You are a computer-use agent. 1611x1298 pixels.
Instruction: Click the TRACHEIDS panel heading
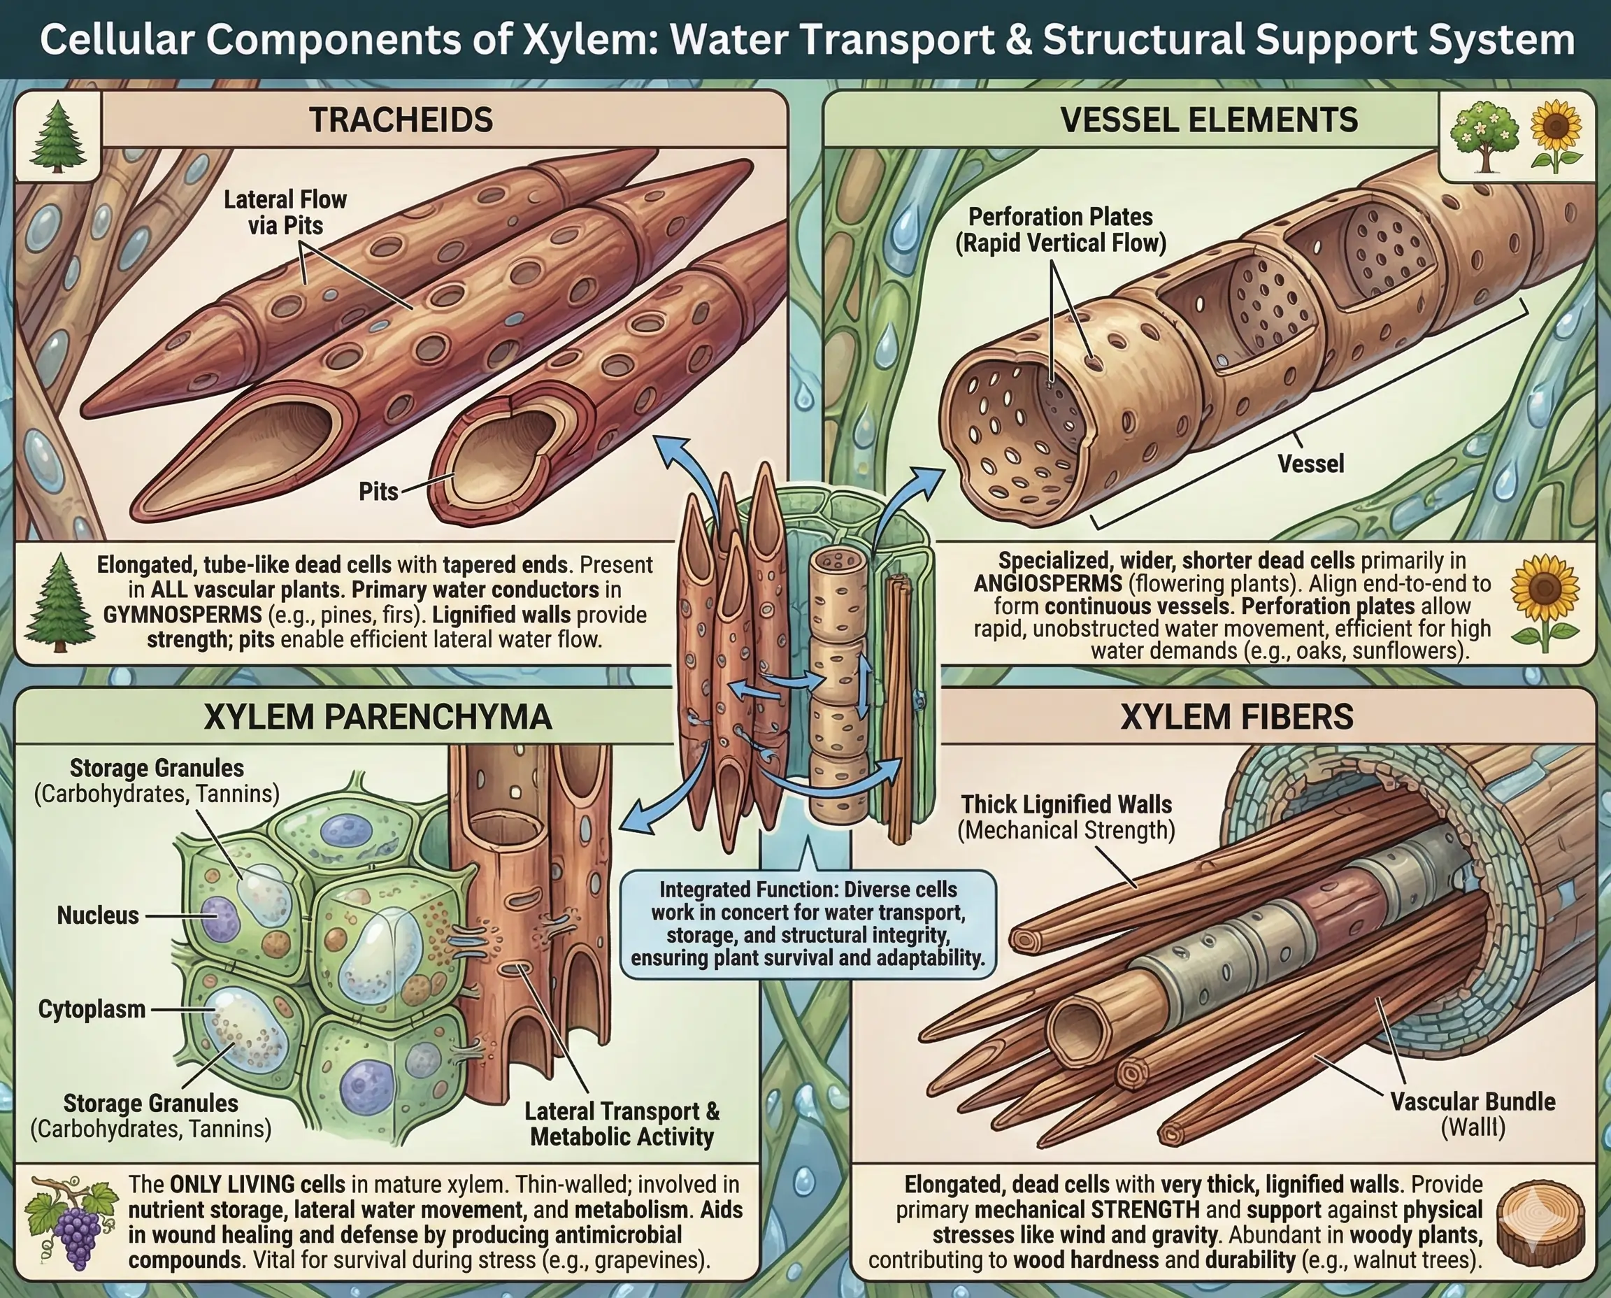pos(401,120)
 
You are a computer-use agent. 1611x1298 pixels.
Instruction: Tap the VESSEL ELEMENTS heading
pos(1209,120)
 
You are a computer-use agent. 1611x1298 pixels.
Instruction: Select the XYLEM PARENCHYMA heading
pos(378,716)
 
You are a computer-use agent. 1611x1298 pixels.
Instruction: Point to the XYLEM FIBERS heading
pos(1236,716)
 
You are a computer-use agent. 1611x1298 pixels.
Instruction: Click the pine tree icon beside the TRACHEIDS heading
pos(57,136)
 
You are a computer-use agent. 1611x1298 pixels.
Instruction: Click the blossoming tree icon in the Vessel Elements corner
pos(1484,138)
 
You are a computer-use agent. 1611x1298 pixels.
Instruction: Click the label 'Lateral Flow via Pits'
pos(285,213)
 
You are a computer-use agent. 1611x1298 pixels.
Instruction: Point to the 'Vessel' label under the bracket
pos(1310,464)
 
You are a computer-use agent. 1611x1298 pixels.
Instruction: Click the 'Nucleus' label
pos(98,915)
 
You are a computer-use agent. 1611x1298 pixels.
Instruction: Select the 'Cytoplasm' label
pos(92,1008)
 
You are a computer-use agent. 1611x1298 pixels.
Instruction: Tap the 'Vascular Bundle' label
pos(1473,1101)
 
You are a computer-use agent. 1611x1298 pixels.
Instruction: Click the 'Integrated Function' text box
pos(808,923)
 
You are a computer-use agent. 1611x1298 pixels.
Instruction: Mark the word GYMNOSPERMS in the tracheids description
pos(182,615)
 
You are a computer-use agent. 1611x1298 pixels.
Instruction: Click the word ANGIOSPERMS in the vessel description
pos(1048,583)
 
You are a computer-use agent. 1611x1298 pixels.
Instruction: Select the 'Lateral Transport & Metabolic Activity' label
pos(622,1124)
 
